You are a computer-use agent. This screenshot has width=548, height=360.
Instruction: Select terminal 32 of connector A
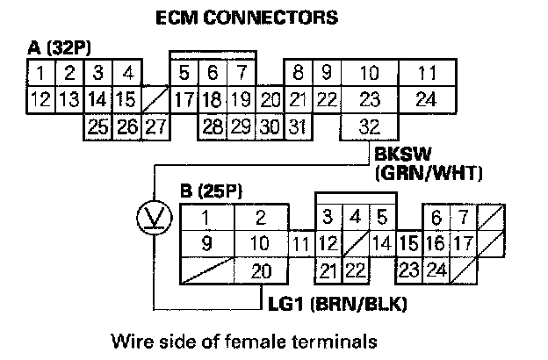371,126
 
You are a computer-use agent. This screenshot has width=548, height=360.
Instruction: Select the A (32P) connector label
56,47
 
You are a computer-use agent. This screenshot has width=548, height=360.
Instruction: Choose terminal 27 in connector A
155,126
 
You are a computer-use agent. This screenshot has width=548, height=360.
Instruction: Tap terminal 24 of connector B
436,270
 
